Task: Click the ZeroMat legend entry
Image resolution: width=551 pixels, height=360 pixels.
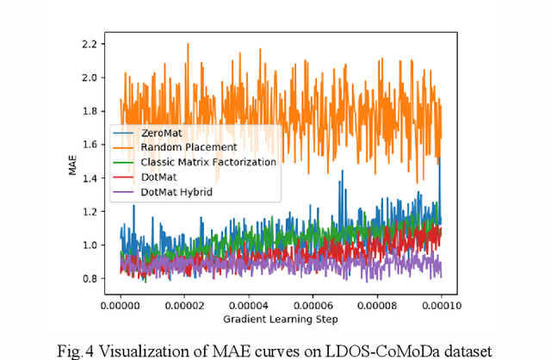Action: (x=163, y=133)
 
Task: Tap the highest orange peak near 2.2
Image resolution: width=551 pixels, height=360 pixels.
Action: (x=188, y=44)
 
